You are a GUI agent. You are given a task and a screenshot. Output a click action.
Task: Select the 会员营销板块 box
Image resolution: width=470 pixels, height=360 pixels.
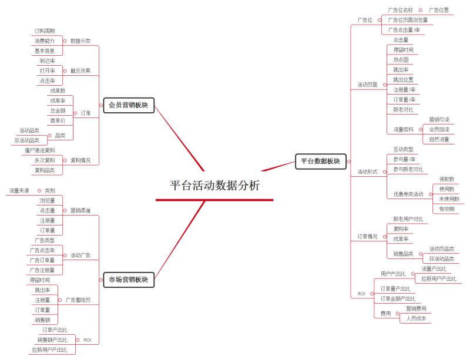129,106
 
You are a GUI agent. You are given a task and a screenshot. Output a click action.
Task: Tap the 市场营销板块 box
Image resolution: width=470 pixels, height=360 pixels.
129,280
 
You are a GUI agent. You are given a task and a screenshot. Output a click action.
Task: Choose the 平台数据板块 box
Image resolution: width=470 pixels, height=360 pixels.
320,160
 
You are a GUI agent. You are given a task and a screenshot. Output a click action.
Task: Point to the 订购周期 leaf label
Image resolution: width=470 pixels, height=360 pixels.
45,31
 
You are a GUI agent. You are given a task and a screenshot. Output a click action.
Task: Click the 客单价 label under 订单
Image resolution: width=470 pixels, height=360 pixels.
58,121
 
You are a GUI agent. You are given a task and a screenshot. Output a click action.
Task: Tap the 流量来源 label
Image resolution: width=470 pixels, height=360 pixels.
19,190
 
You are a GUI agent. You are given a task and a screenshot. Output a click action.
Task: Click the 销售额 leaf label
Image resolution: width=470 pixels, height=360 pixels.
43,320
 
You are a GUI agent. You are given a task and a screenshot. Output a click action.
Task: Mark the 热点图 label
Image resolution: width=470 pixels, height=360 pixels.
401,60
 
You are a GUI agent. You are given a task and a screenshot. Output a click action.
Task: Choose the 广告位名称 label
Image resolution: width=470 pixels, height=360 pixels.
401,10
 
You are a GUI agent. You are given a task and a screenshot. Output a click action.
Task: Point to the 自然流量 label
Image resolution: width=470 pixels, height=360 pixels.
439,139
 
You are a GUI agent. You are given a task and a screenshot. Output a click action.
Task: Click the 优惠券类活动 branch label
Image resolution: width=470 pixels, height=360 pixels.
408,194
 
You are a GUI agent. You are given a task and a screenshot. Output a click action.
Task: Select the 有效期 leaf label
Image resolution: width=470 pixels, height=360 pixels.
446,208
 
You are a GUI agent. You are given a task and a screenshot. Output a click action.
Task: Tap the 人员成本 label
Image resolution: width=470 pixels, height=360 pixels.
416,318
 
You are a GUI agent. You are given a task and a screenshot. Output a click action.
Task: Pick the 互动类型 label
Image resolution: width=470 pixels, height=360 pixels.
403,149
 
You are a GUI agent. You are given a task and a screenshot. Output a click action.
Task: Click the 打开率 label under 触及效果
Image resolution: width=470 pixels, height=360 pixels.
48,70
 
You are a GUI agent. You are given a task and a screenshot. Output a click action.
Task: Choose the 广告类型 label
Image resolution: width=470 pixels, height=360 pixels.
45,240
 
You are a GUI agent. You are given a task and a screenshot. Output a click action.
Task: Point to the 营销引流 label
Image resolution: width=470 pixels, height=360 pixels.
439,119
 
